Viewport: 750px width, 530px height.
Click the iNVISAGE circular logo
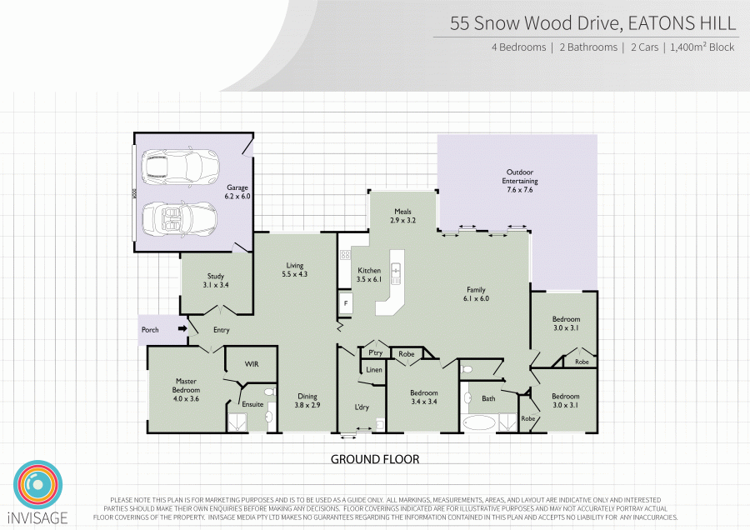coord(38,486)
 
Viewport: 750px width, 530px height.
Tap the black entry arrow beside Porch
coord(182,328)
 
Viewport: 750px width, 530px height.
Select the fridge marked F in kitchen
coord(346,303)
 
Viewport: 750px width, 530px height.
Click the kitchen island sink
coord(396,273)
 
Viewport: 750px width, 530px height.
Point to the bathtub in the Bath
coord(479,422)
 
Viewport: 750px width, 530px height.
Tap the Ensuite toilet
coord(269,392)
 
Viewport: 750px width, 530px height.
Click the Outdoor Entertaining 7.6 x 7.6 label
coord(520,181)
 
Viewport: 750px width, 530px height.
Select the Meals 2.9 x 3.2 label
coord(402,216)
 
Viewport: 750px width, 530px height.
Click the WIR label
coord(252,364)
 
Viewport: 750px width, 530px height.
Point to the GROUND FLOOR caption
coord(375,459)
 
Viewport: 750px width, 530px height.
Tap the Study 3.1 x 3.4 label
coord(216,280)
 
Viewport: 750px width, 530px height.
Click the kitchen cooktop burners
coord(345,255)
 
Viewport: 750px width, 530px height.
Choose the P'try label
coord(376,353)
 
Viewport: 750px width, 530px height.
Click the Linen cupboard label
coord(374,370)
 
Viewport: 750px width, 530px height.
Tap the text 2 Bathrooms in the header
coord(588,47)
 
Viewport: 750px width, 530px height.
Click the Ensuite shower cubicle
coord(238,423)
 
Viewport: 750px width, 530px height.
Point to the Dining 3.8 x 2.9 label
coord(307,400)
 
